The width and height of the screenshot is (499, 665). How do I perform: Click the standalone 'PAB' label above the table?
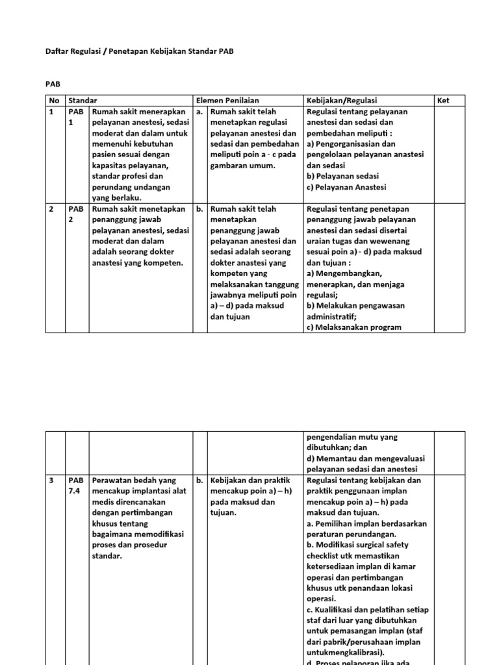[53, 84]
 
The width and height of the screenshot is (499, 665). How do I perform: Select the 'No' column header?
[53, 101]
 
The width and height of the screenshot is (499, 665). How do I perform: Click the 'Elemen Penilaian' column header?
[228, 101]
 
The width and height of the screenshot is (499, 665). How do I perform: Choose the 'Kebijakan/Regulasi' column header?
[341, 101]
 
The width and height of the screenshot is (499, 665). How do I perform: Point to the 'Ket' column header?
[444, 101]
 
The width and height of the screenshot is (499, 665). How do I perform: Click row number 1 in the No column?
[51, 112]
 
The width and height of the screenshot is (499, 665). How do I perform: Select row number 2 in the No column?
[51, 209]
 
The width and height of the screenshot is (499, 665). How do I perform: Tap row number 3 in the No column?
[51, 481]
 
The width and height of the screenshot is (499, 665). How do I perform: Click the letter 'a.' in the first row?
[199, 112]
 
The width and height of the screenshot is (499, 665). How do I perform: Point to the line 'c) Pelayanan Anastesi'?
[346, 188]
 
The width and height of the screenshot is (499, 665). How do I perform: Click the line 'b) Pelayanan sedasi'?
[342, 176]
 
